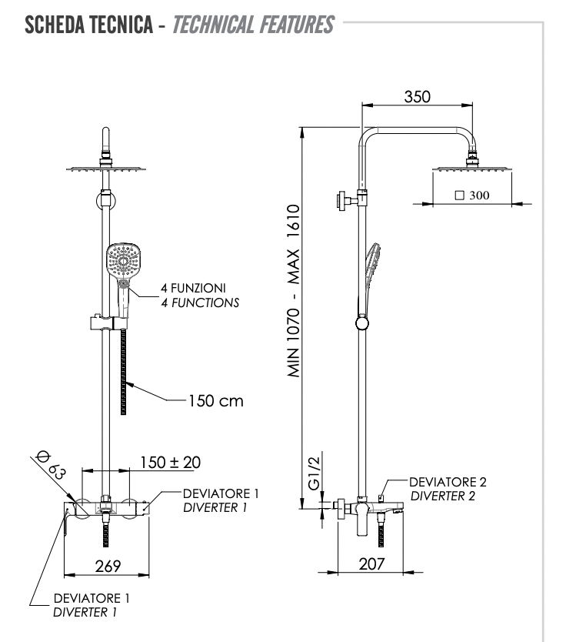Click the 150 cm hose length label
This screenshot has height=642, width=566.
[x=214, y=402]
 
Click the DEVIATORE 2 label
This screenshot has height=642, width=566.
[x=448, y=483]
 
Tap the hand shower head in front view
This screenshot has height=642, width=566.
[x=123, y=262]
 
